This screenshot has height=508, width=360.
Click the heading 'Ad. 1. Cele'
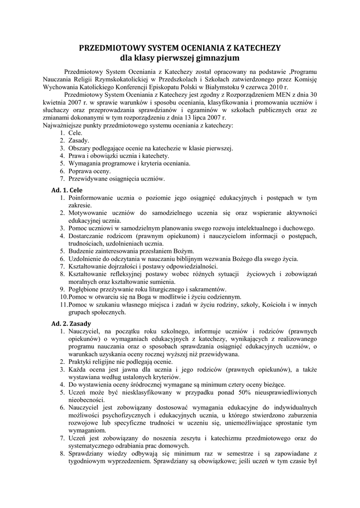pyautogui.click(x=67, y=190)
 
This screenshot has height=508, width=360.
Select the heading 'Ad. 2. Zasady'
pyautogui.click(x=71, y=323)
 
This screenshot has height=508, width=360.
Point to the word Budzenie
pyautogui.click(x=82, y=251)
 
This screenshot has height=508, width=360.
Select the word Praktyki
pyautogui.click(x=80, y=362)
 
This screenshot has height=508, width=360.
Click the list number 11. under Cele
pyautogui.click(x=64, y=305)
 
